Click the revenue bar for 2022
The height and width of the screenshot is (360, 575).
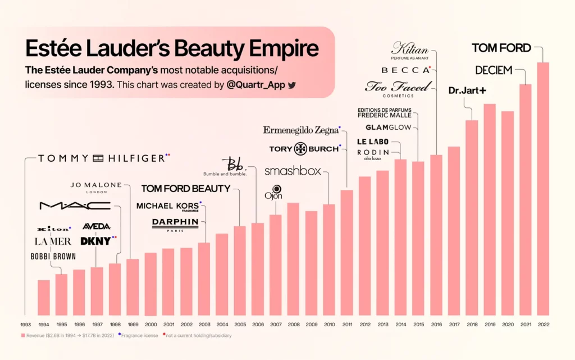click(542, 189)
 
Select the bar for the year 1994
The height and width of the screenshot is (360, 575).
click(43, 297)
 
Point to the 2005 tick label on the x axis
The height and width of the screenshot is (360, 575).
click(240, 325)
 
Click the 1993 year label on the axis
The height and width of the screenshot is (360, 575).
click(25, 325)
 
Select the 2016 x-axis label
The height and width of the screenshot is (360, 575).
click(436, 325)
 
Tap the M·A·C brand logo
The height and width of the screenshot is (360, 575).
click(75, 206)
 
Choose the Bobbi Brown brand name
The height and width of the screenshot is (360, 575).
click(53, 257)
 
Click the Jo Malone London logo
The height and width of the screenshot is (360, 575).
click(96, 187)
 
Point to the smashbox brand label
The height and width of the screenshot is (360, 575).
click(292, 171)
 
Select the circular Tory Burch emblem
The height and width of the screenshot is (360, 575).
click(301, 149)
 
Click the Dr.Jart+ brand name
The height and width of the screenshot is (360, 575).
click(467, 90)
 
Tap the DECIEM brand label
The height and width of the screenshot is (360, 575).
click(494, 70)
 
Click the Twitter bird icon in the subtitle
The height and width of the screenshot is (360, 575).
click(291, 85)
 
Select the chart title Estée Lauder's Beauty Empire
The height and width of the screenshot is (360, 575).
click(172, 49)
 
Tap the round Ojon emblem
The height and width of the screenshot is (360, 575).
click(276, 189)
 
